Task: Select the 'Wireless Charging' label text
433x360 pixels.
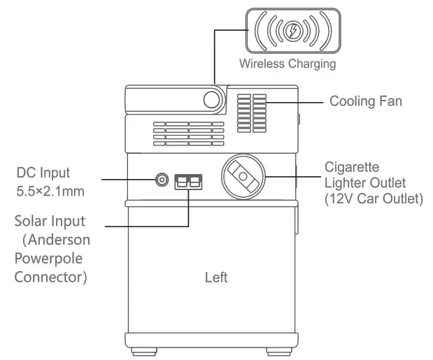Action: click(x=288, y=64)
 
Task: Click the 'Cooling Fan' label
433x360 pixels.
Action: click(x=365, y=102)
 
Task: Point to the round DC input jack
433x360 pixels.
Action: click(x=162, y=180)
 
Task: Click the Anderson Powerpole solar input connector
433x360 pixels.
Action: click(x=188, y=180)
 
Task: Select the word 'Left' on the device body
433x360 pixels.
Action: click(x=216, y=278)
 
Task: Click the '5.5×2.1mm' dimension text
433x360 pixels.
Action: click(x=48, y=189)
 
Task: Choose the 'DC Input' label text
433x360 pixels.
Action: click(x=44, y=172)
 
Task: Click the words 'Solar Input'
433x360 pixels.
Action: click(x=50, y=222)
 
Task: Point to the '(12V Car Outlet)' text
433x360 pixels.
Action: click(x=374, y=199)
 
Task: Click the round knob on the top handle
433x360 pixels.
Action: click(x=212, y=99)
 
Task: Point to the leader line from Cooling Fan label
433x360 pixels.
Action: click(x=294, y=102)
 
